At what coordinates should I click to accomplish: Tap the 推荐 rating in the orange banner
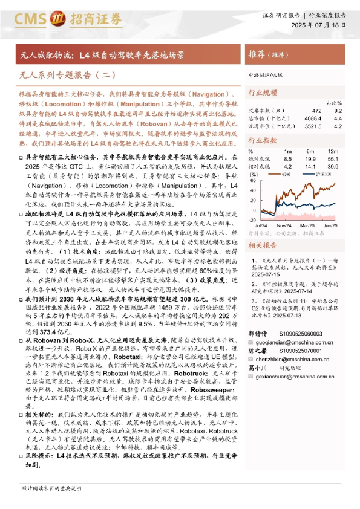click(260, 54)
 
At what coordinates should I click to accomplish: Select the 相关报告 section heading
click(263, 246)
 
